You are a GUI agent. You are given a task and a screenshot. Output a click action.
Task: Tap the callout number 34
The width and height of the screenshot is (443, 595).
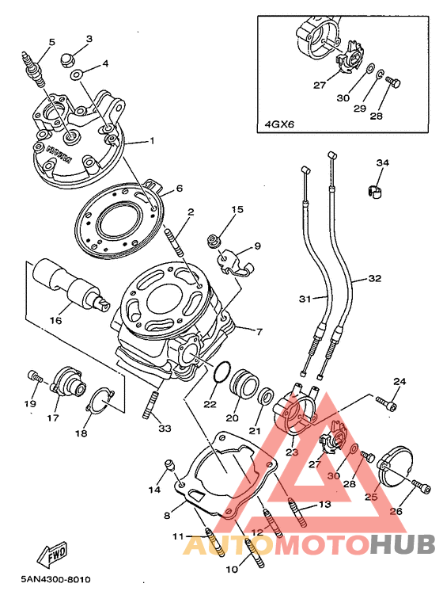(382, 162)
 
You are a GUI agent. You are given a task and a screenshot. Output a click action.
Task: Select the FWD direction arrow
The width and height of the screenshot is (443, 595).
(51, 552)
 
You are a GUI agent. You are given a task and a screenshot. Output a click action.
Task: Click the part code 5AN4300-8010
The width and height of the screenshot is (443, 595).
(55, 579)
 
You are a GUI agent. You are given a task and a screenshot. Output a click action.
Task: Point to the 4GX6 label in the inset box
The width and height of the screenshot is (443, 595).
(279, 124)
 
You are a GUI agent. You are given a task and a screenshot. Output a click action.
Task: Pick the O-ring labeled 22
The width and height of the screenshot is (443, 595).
(222, 371)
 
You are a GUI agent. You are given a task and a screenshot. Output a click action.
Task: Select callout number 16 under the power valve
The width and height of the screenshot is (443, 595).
(55, 321)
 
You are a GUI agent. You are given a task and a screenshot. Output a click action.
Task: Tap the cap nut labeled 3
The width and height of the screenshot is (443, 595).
(68, 60)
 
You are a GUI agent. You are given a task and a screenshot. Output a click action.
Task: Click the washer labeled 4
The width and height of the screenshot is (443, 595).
(76, 74)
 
